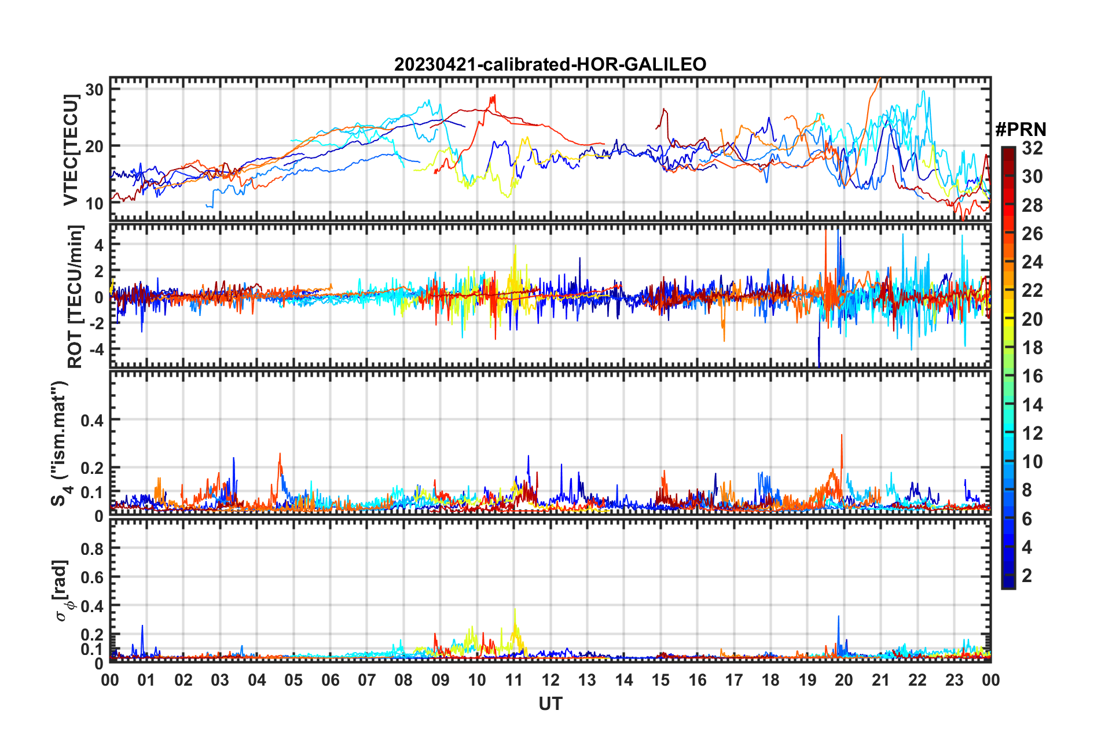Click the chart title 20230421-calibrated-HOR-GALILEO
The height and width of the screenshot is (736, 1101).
click(550, 64)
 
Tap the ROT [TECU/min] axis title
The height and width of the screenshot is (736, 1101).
click(75, 297)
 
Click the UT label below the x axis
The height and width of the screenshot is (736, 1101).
click(550, 704)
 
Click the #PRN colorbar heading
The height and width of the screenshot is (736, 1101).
click(1021, 130)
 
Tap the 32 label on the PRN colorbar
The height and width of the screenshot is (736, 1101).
click(1032, 148)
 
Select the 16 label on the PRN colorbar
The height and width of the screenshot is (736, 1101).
click(1032, 376)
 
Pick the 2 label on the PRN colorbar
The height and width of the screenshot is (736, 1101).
click(1027, 575)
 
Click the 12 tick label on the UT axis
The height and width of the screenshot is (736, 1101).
click(550, 680)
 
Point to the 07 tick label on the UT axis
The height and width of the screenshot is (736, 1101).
click(366, 680)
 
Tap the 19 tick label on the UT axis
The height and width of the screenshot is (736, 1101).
click(807, 680)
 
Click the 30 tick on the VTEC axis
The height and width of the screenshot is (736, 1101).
click(94, 90)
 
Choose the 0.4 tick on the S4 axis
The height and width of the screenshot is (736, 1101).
click(93, 420)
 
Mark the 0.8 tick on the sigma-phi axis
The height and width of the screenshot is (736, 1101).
click(93, 549)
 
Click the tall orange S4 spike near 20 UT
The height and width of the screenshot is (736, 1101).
click(842, 436)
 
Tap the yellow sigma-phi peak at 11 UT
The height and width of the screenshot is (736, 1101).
click(515, 610)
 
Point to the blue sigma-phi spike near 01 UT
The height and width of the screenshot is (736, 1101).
click(142, 626)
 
